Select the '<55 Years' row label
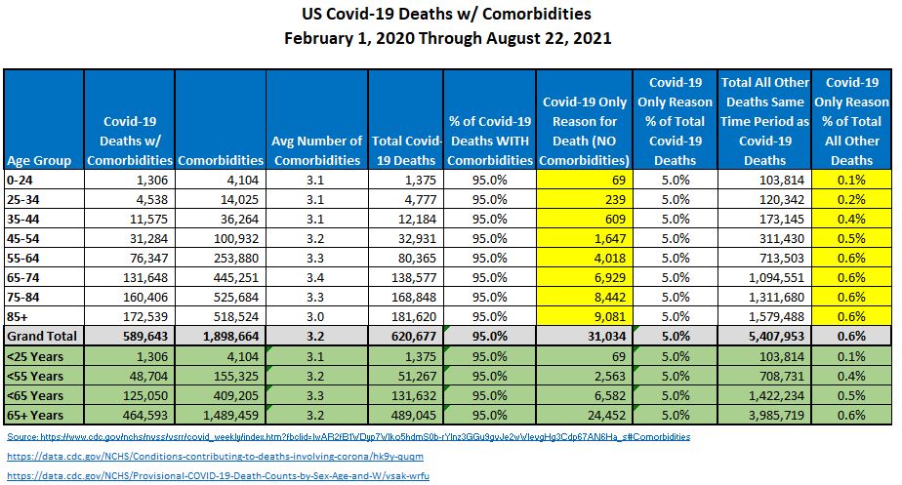pyautogui.click(x=36, y=375)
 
